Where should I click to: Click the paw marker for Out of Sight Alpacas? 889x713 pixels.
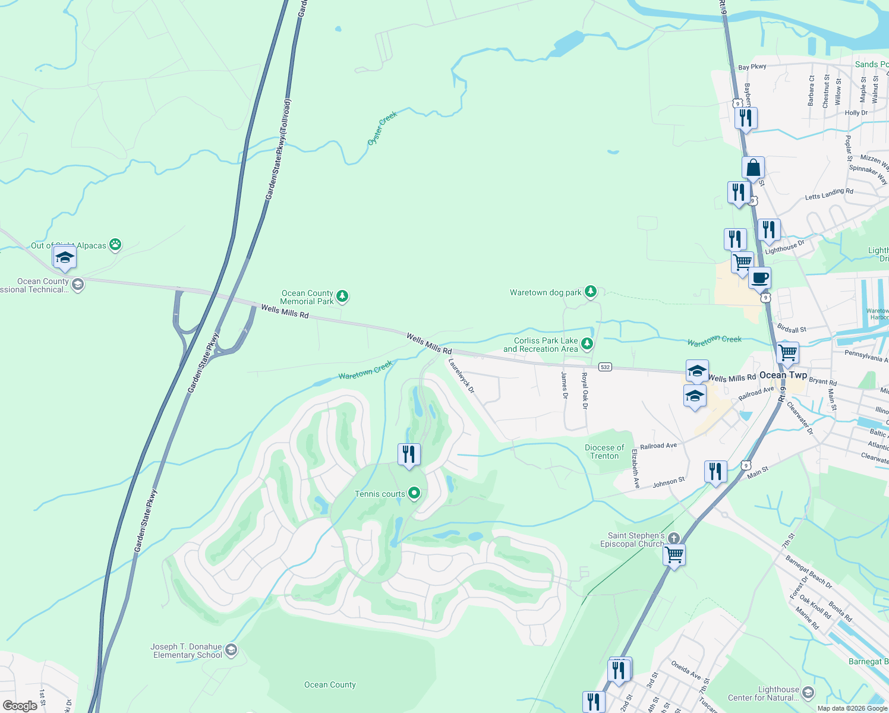coord(115,244)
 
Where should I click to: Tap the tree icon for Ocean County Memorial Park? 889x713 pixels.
coord(342,296)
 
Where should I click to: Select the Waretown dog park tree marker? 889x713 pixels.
coord(590,291)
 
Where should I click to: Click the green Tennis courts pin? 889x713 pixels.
coord(414,493)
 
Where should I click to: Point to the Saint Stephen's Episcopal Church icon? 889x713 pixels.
coord(673,538)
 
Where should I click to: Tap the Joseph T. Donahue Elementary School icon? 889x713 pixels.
coord(231,650)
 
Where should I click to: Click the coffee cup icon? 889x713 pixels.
coord(759,277)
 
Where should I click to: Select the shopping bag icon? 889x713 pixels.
coord(753,169)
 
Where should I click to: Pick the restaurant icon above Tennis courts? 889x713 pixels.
coord(408,455)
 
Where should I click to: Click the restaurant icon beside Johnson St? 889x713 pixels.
coord(715,472)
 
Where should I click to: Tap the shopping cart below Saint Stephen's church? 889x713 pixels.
coord(674,555)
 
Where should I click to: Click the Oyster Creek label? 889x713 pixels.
coord(382,128)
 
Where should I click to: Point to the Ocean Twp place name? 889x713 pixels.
coord(783,375)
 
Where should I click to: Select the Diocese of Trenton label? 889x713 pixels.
coord(604,452)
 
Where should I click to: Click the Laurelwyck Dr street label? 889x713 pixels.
coord(462,376)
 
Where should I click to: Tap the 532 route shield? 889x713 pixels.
coord(605,367)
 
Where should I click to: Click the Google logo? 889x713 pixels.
coord(20,705)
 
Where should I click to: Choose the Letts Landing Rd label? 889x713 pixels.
coord(828,194)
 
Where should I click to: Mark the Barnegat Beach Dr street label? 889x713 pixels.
coord(809,572)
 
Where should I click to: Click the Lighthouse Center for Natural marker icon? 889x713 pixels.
coord(808,693)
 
